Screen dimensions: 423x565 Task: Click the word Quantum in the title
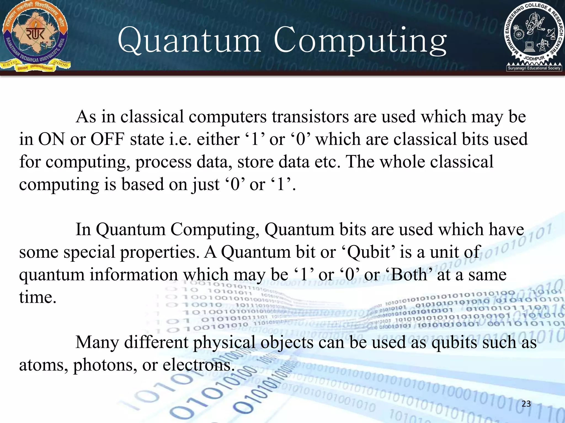pos(189,41)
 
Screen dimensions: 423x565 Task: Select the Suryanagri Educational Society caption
pos(534,68)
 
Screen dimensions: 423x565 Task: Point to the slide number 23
pos(526,404)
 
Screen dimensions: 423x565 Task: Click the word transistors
pos(310,117)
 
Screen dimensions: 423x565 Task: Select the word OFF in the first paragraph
pos(107,139)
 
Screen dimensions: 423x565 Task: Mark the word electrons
pos(196,365)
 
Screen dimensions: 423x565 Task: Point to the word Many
pos(97,343)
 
